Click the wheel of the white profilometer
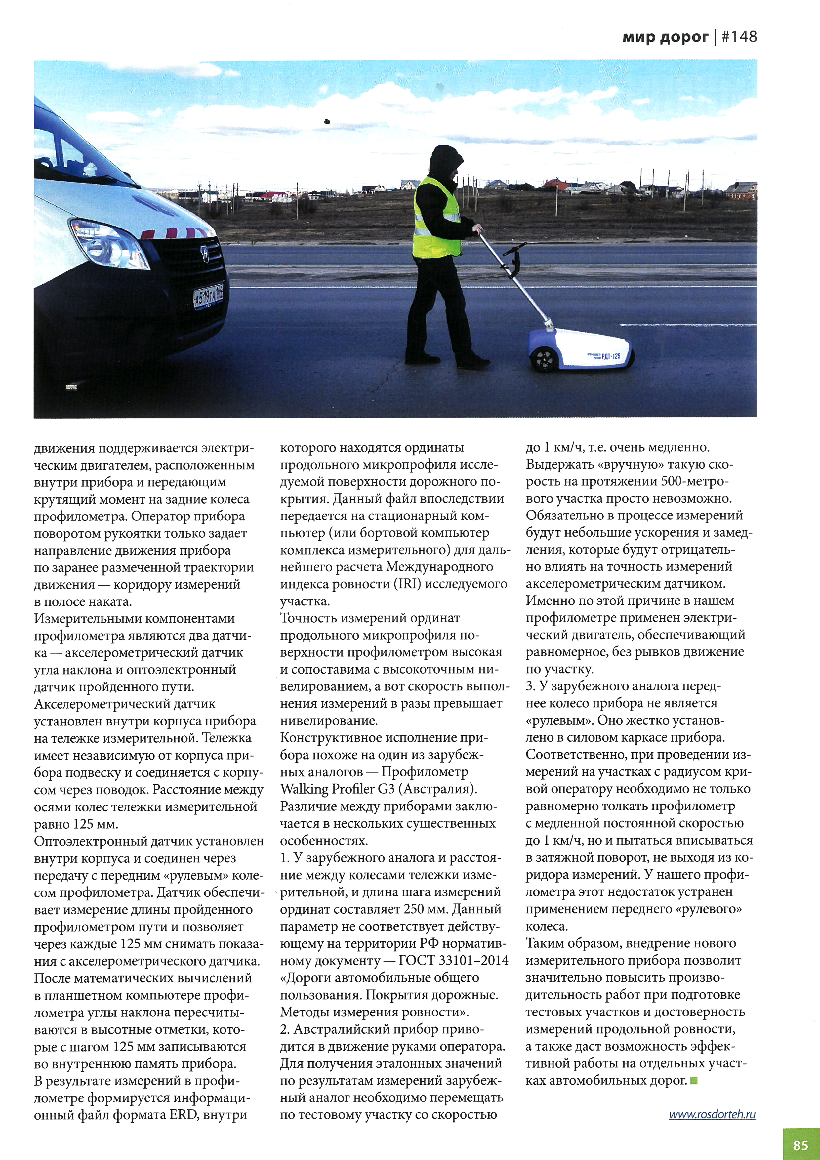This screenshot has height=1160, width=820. click(x=544, y=360)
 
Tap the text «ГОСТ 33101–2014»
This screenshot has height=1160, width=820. click(x=453, y=960)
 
